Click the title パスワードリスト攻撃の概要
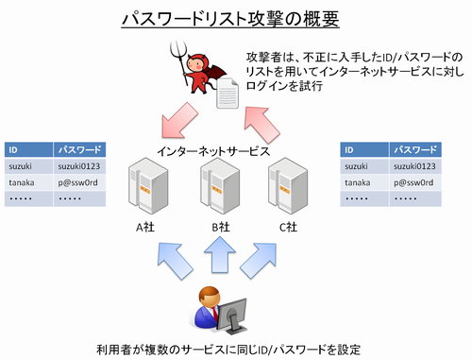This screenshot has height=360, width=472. (x=235, y=18)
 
